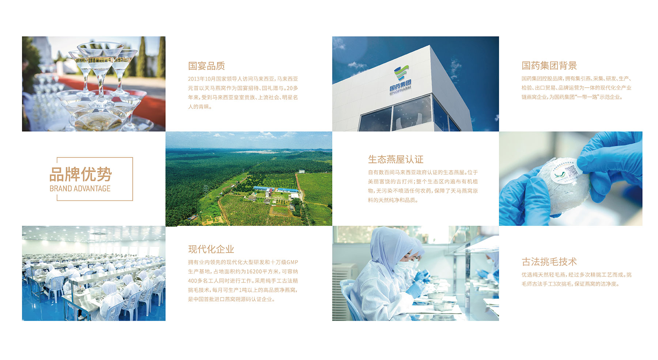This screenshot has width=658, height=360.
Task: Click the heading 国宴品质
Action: coord(206,66)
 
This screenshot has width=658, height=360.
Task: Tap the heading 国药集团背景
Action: coord(549,66)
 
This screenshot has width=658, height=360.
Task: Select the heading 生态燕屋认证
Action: coord(396,159)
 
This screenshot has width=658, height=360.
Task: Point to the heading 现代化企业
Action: coord(211,249)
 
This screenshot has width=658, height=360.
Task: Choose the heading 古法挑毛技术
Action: coord(549,262)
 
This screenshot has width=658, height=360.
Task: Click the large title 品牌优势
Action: coord(80,174)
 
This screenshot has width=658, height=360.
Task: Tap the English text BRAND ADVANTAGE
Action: coord(80,189)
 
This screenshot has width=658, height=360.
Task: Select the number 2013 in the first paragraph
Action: coord(194,79)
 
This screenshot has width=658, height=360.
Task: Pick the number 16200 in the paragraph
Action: coord(254,272)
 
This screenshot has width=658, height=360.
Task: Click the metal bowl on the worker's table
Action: coord(435,295)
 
